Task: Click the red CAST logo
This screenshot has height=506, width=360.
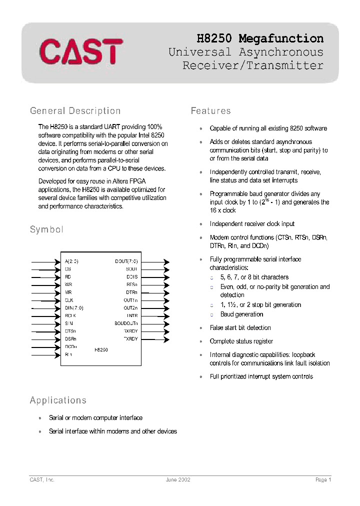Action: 81,51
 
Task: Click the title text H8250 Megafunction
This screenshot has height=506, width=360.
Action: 259,38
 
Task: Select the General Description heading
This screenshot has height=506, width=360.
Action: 75,110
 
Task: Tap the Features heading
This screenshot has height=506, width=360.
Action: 210,110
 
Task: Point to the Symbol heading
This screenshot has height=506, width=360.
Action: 46,229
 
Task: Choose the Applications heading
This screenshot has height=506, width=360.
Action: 58,400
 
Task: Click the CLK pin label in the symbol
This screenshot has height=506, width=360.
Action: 69,300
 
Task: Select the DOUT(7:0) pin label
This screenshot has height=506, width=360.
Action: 126,261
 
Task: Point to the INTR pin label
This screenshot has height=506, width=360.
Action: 132,315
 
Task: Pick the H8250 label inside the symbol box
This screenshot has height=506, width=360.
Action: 101,350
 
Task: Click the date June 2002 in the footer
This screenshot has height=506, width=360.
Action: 178,479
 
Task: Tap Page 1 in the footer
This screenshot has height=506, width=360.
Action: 323,479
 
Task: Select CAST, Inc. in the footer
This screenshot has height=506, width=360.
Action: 42,479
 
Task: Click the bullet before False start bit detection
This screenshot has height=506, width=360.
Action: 201,328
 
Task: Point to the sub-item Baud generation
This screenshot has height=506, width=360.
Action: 241,314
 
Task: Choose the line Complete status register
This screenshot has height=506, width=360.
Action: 241,341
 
